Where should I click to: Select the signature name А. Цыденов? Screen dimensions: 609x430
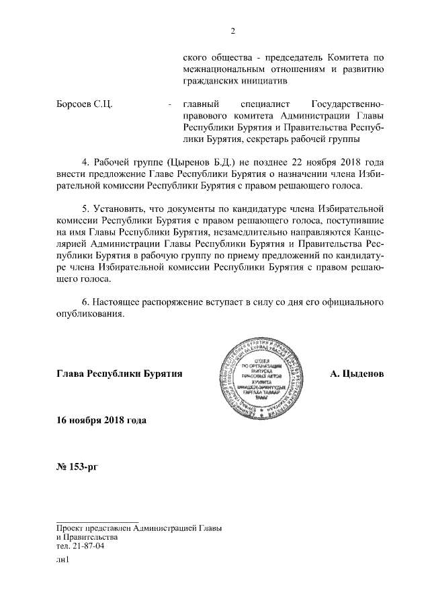tap(357, 373)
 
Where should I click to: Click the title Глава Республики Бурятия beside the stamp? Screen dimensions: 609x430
tap(120, 373)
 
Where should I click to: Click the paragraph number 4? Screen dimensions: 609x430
tap(85, 162)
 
